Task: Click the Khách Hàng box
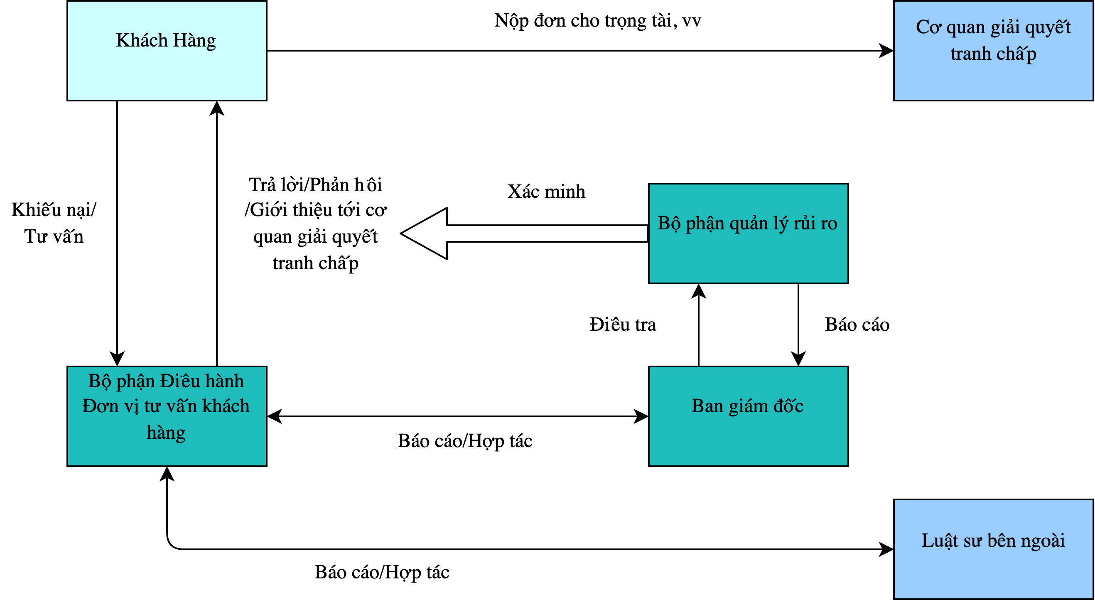[167, 51]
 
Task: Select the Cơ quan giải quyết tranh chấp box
[993, 51]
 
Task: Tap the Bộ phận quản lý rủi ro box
[749, 234]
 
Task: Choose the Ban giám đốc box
[749, 416]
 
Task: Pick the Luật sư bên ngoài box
[993, 549]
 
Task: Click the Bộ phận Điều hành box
[167, 416]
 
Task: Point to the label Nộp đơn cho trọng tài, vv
[598, 21]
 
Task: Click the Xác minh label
[546, 192]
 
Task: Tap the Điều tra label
[623, 325]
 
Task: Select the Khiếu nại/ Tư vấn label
[54, 223]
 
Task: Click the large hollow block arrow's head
[424, 234]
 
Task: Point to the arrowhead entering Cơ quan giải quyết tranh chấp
[886, 51]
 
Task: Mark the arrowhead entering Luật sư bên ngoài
[886, 549]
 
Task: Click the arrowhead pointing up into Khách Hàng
[217, 108]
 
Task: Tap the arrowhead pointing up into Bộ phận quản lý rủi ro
[699, 291]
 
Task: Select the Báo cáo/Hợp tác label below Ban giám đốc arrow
[465, 441]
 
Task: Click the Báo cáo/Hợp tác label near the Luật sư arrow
[382, 572]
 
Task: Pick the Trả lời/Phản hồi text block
[315, 224]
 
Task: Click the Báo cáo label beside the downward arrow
[857, 325]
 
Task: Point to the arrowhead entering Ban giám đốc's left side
[641, 416]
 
